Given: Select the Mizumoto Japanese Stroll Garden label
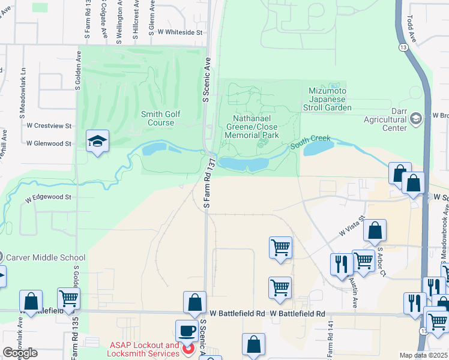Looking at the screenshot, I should pyautogui.click(x=330, y=99).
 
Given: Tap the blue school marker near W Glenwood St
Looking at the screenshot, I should pyautogui.click(x=97, y=142).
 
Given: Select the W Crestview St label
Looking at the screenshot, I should pyautogui.click(x=49, y=126).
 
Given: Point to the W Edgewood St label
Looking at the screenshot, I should pyautogui.click(x=48, y=197).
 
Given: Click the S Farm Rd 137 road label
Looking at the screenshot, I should pyautogui.click(x=208, y=184).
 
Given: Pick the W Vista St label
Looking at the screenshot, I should pyautogui.click(x=352, y=227).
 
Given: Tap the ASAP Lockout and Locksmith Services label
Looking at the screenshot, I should pyautogui.click(x=145, y=349).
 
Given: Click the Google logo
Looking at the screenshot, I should pyautogui.click(x=19, y=353).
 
